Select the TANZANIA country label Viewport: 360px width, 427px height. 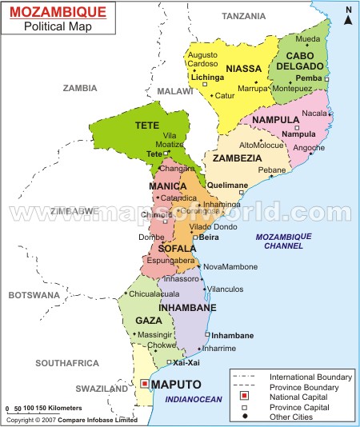point(244,16)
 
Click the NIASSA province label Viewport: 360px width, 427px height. point(244,68)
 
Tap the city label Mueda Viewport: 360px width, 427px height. point(307,38)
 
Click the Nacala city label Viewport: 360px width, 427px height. point(314,114)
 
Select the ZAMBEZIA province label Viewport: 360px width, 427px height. point(236,158)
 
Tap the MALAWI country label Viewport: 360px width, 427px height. point(170,92)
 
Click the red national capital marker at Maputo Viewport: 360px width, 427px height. point(144,384)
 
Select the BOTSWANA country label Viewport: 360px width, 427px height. point(34,295)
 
